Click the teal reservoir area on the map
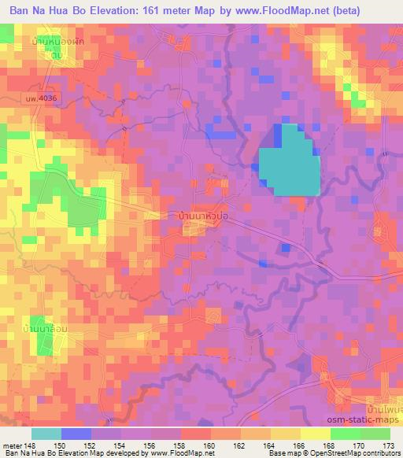[290, 162]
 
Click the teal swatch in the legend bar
[46, 434]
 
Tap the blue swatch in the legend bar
[76, 434]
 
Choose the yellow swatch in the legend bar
[315, 434]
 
